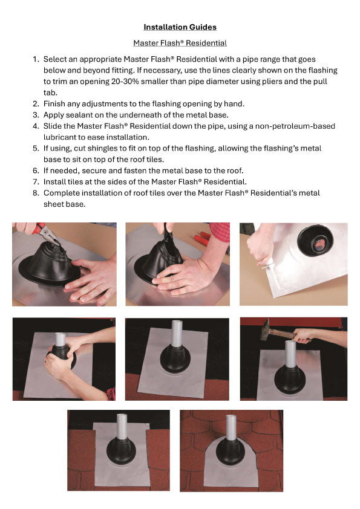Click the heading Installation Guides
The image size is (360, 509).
click(180, 27)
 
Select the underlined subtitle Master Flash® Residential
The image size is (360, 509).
click(180, 43)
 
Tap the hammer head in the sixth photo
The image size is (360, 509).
click(266, 330)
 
